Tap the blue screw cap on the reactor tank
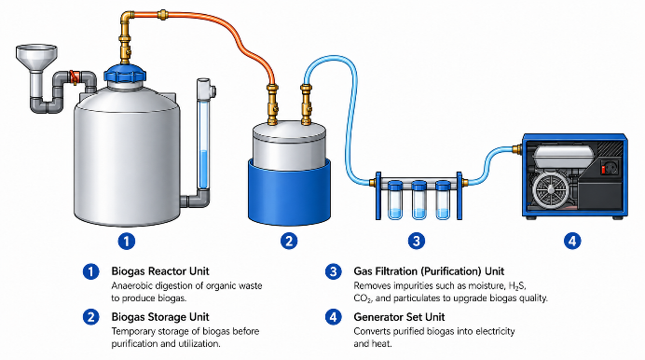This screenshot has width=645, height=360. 125,74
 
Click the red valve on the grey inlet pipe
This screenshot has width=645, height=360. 75,77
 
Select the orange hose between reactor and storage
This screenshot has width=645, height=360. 230,29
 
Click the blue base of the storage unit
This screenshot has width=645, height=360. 289,192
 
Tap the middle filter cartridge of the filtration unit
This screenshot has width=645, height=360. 419,200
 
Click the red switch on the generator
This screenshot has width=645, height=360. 603,169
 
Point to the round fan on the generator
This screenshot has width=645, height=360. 551,189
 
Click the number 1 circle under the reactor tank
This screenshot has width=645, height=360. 126,242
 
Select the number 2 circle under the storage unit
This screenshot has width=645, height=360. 289,242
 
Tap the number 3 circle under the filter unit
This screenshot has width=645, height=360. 417,242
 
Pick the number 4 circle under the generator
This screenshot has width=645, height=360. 572,242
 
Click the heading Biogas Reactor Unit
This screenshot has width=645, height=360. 160,271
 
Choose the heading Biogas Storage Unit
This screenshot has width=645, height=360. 160,317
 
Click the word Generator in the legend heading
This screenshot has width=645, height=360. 377,317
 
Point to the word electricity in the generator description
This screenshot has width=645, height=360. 495,331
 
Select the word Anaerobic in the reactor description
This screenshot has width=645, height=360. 130,286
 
